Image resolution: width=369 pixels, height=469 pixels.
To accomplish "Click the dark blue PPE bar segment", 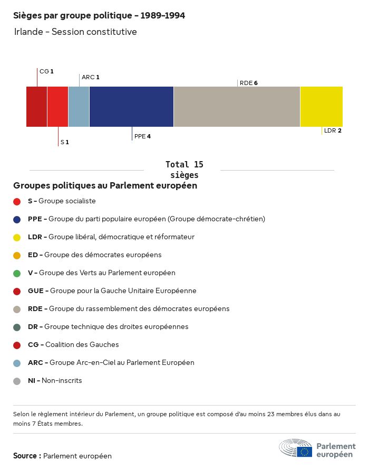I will coord(131,107).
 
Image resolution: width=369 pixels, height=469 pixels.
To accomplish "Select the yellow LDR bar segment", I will coord(321,107).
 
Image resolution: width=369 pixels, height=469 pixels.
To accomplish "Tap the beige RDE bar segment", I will coord(237,107).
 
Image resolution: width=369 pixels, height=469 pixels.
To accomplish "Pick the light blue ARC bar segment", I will coord(79,107).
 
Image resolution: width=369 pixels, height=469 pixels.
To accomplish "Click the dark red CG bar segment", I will coord(36,107).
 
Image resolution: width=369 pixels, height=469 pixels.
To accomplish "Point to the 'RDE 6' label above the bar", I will coord(248,83).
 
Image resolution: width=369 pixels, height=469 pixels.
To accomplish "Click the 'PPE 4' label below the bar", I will coord(142,136).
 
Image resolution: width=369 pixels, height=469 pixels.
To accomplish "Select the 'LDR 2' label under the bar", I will coord(333,130).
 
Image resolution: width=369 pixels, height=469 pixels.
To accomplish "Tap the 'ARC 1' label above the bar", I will coord(90,77).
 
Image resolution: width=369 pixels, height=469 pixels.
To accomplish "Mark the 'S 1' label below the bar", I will coord(64,142).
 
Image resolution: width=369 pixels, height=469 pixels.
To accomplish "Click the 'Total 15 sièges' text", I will coord(184,170).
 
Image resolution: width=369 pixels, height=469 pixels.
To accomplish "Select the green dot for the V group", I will coord(17,273).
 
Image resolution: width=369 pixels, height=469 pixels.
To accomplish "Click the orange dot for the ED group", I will coord(17,255).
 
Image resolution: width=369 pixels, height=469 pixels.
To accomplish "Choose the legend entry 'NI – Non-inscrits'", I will coord(55,381).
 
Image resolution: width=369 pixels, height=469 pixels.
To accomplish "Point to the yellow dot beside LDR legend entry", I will coord(17,237).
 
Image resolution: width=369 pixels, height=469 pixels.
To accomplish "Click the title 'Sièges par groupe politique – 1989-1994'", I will coord(99,16).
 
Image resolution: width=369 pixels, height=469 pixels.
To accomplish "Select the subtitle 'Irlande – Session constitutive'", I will coord(75,32).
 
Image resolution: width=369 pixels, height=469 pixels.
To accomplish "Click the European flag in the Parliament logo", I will coord(304,452).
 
